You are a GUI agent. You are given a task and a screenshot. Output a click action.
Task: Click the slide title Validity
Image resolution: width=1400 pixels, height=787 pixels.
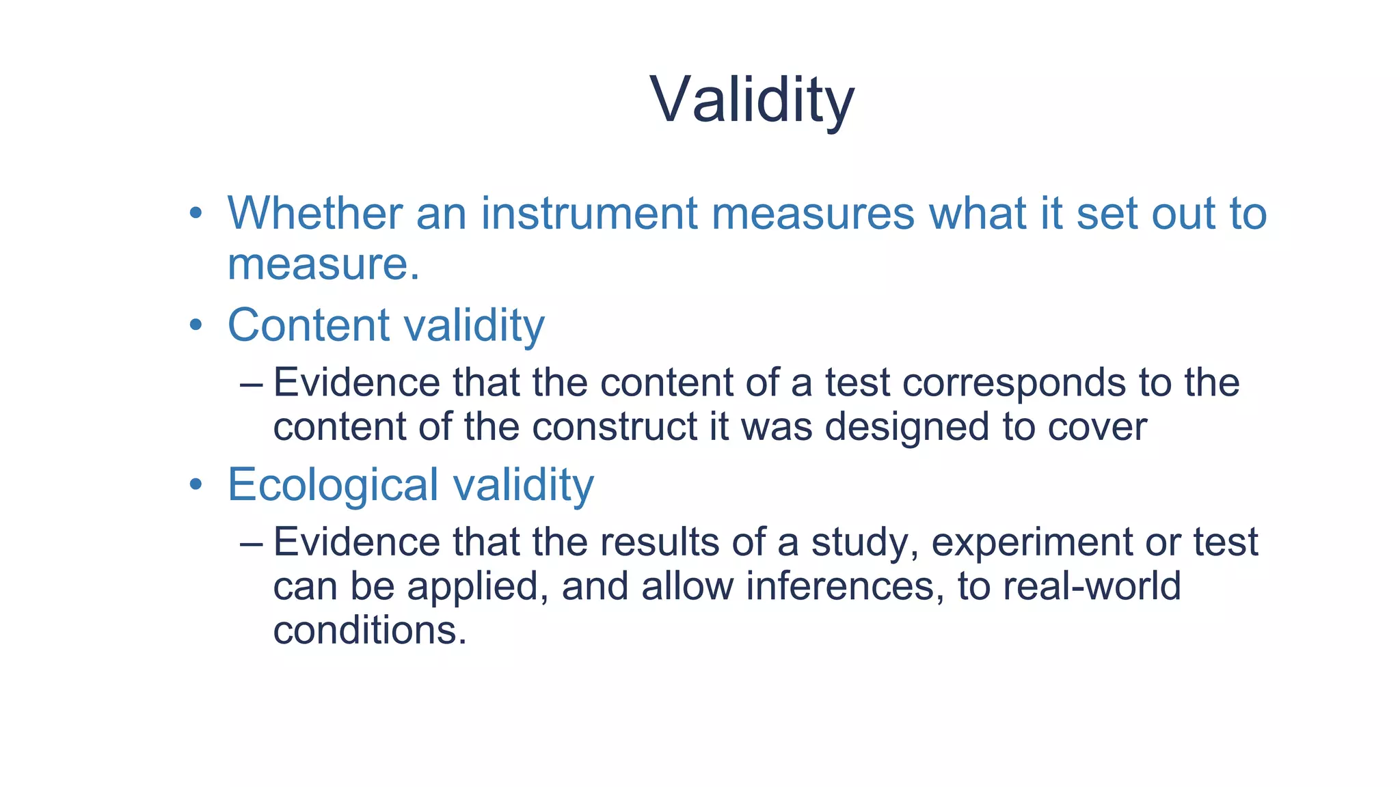point(752,100)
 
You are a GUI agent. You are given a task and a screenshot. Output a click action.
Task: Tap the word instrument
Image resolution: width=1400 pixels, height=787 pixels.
point(589,213)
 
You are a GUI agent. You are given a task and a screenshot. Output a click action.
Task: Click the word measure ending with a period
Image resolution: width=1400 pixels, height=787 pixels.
point(323,264)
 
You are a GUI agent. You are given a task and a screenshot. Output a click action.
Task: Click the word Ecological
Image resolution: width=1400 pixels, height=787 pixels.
point(333,484)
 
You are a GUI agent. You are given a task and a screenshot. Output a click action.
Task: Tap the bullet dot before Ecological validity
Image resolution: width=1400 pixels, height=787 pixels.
point(196,484)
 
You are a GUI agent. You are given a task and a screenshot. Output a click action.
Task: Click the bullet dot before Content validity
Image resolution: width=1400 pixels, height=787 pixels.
point(196,325)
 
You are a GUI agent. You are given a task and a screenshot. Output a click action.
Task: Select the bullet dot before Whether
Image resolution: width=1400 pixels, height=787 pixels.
point(196,213)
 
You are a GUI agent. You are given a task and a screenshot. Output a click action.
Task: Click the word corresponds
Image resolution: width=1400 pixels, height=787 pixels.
point(1014,383)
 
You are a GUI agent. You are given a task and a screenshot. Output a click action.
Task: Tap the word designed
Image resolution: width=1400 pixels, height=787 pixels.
point(906,427)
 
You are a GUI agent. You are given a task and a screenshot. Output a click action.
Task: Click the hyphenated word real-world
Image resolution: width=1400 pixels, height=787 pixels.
point(1092,587)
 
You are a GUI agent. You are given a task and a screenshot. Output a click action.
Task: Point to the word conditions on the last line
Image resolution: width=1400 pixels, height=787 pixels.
point(370,630)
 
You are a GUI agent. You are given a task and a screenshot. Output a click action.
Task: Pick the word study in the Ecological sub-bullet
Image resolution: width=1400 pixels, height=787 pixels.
point(864,542)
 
